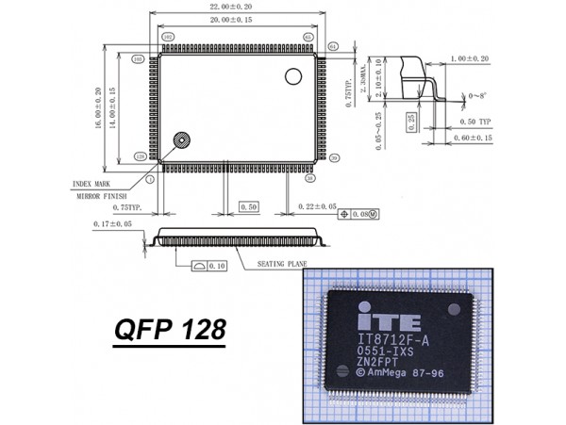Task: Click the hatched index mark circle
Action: tap(179, 141)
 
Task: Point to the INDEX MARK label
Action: tap(93, 184)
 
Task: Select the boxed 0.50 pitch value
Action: tap(249, 205)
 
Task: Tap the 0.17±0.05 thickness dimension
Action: tap(115, 223)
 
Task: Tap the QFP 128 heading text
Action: tap(170, 330)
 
